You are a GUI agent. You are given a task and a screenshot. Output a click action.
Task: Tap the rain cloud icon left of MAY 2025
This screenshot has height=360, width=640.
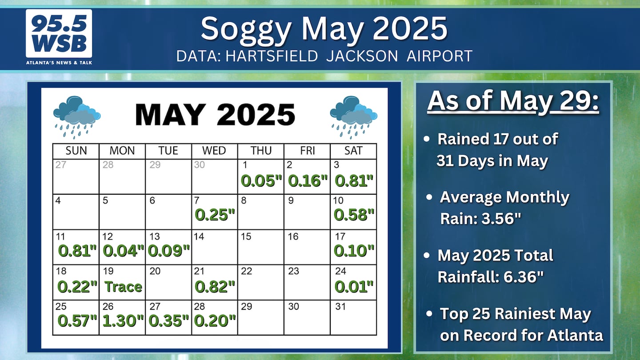pos(77,117)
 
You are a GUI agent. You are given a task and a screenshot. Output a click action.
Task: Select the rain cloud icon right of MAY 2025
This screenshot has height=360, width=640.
pos(354,117)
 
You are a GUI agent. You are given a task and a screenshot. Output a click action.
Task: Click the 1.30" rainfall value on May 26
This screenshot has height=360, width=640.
pos(123,320)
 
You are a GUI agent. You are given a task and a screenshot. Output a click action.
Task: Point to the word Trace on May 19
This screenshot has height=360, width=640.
pos(123,287)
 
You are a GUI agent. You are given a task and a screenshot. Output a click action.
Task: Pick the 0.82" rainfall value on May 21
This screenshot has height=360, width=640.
pos(215,287)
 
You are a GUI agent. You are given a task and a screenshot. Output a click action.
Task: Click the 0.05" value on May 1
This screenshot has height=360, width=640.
pos(261,181)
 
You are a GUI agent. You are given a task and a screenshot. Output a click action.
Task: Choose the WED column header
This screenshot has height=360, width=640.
pos(214,151)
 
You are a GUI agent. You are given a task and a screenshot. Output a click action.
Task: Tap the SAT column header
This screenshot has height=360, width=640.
pos(353,151)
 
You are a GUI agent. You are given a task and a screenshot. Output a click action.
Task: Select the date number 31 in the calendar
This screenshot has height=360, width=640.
pos(340,306)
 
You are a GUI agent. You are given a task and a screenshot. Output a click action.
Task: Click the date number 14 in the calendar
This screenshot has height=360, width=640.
pos(199,236)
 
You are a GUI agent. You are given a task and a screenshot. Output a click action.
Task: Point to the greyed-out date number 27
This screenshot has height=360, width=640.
pos(61,164)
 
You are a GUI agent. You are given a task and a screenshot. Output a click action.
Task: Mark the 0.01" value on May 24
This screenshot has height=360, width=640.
pos(354,287)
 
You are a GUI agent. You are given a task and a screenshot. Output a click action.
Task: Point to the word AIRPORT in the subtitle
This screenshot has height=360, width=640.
pos(440,56)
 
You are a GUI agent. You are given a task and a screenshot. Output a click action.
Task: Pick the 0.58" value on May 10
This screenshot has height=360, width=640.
pos(354,215)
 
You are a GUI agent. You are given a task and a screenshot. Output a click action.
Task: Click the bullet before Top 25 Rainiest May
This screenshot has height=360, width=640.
pos(429,313)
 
